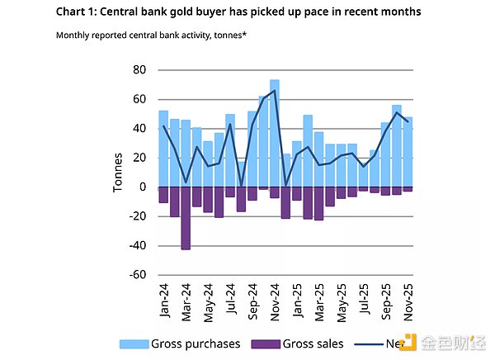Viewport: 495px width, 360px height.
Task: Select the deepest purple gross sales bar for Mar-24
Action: coord(186,218)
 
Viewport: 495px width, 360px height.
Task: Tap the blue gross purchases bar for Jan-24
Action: coord(163,149)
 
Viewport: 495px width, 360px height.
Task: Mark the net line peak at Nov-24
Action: coord(274,91)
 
